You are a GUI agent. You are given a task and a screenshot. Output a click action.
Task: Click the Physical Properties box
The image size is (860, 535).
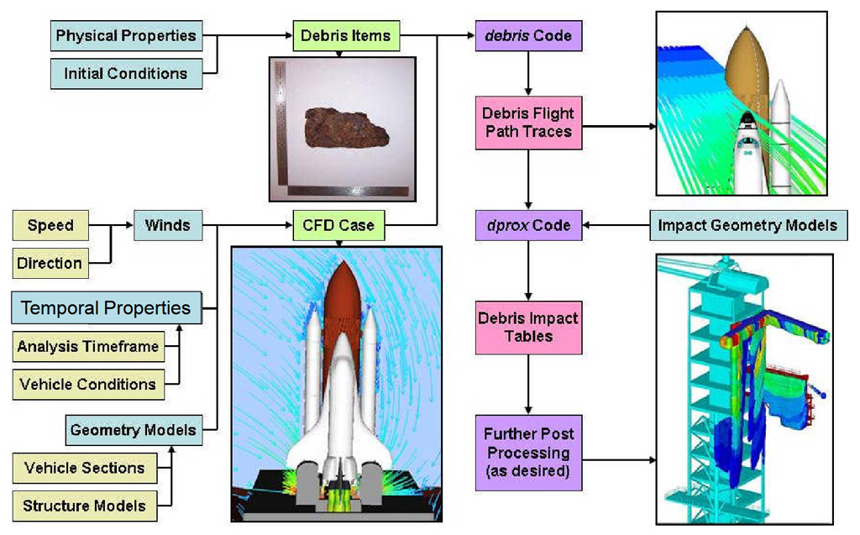125,36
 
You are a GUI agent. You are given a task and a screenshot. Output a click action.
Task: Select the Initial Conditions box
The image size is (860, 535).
125,73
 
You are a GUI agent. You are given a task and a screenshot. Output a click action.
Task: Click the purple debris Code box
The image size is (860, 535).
528,36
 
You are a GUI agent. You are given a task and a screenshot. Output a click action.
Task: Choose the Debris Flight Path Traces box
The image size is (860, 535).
527,122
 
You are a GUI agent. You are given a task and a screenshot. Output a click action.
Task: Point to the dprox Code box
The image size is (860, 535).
528,225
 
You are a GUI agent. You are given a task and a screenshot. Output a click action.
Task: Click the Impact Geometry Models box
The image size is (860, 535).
747,225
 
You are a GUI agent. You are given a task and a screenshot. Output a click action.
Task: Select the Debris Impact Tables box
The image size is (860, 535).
527,328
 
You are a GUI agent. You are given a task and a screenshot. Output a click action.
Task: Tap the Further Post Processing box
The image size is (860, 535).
527,452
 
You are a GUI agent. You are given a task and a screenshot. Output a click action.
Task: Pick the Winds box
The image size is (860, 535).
166,225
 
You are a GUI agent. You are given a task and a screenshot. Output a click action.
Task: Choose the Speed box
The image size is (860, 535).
50,225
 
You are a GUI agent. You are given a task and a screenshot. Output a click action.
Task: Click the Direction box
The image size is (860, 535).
50,263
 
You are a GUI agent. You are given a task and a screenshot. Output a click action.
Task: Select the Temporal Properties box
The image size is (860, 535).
106,307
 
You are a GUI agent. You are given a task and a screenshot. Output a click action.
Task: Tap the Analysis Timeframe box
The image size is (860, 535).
87,346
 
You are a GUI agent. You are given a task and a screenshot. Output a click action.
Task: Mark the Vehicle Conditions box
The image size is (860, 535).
87,384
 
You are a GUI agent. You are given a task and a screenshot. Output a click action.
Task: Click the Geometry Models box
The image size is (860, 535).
133,430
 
